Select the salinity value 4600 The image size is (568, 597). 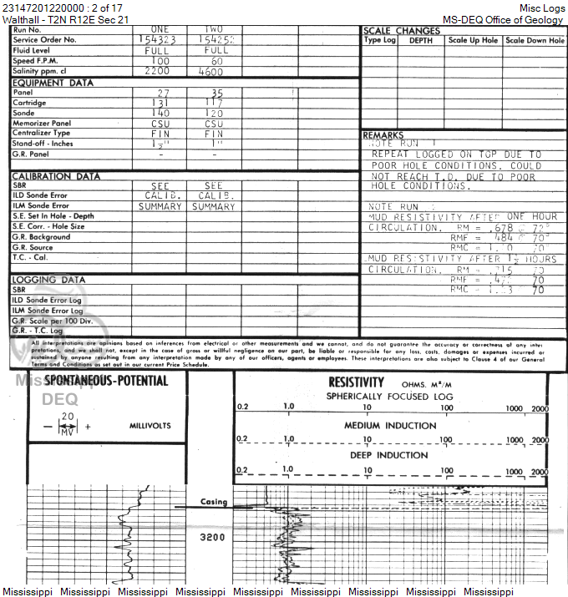click(x=216, y=72)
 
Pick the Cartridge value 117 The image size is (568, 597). click(x=216, y=103)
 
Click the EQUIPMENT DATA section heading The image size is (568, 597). click(x=53, y=83)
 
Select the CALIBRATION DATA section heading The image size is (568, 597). click(x=56, y=176)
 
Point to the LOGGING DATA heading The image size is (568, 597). click(x=48, y=280)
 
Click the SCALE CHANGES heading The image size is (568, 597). click(x=401, y=31)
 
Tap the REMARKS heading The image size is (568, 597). click(x=383, y=135)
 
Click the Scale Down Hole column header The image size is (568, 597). click(x=535, y=41)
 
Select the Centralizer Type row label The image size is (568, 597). click(x=42, y=133)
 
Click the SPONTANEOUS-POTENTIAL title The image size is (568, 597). click(x=106, y=382)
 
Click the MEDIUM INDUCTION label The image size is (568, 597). click(x=390, y=426)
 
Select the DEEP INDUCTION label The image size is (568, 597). click(x=390, y=456)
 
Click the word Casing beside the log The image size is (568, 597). click(x=214, y=502)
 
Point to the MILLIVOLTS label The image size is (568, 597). click(x=150, y=426)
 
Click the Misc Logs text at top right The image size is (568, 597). click(x=541, y=8)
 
